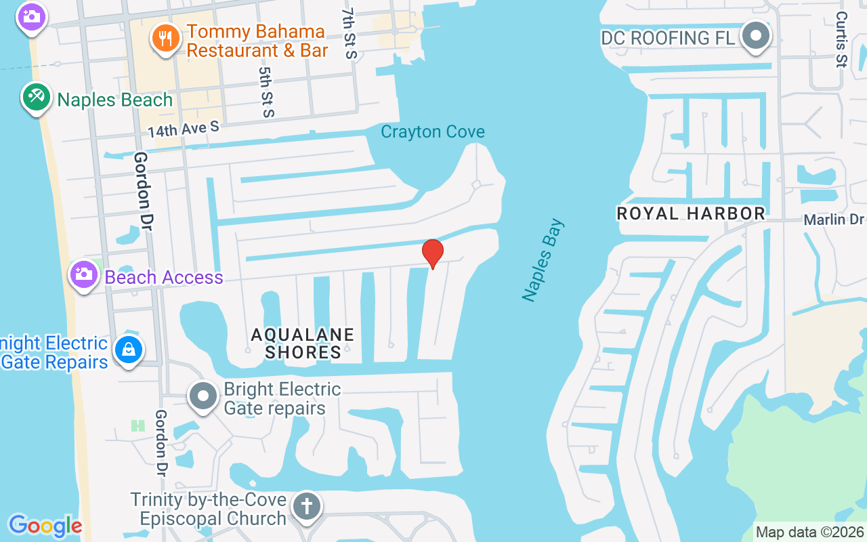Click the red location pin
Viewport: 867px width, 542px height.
(x=433, y=254)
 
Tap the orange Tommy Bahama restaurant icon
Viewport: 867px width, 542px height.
(x=165, y=38)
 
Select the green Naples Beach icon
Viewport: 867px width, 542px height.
(x=36, y=98)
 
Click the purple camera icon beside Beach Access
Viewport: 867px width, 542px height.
(x=83, y=275)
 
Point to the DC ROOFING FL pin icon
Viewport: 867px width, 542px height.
(x=755, y=36)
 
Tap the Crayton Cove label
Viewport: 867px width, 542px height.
(x=433, y=131)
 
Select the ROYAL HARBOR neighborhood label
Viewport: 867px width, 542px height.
(x=691, y=213)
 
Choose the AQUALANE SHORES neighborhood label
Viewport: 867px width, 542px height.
(x=303, y=343)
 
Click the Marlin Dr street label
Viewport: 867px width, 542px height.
(x=834, y=220)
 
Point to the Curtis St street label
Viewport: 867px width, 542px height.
(x=841, y=39)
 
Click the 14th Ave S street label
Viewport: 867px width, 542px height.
(x=184, y=128)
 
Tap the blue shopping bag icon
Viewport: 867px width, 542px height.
(x=127, y=351)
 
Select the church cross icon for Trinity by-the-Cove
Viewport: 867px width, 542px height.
(x=306, y=507)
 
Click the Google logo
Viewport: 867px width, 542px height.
(x=45, y=526)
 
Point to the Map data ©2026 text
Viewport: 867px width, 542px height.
(x=810, y=533)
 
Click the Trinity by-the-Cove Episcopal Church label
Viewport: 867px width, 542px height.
(x=209, y=509)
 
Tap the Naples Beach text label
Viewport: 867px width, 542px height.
(x=115, y=100)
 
